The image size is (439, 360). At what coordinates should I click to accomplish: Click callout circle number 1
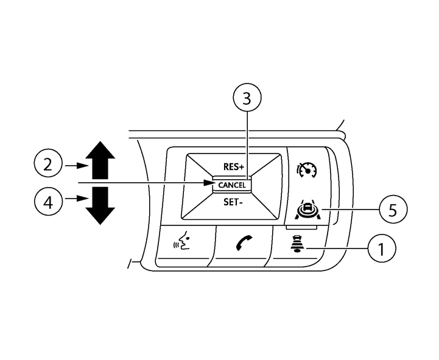pos(381,249)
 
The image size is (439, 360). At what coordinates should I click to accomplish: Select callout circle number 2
pos(48,165)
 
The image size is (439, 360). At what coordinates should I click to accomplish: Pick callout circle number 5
pos(392,210)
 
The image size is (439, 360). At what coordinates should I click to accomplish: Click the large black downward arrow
pos(100,205)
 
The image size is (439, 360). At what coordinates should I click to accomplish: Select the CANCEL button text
pos(232,185)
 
